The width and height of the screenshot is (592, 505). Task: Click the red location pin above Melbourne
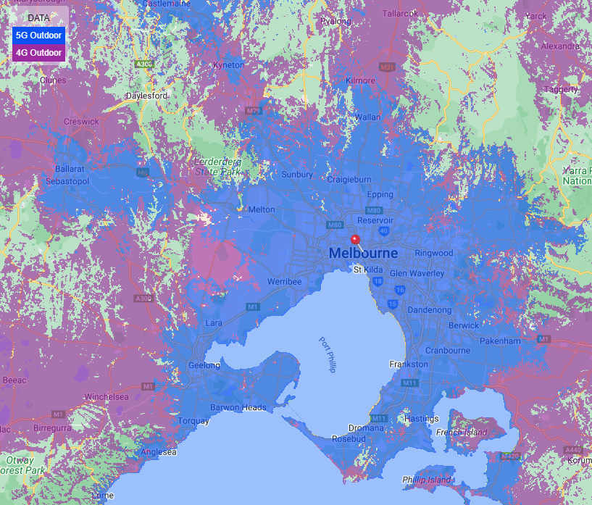click(x=355, y=241)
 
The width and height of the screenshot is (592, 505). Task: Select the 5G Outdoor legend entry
click(x=39, y=35)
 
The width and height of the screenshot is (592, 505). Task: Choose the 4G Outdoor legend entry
click(x=39, y=52)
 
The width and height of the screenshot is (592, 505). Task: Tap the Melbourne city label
click(x=363, y=254)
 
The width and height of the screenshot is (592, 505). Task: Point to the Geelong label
click(x=204, y=366)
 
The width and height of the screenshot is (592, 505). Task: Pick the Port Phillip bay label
click(x=327, y=355)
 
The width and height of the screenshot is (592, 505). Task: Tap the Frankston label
click(x=409, y=364)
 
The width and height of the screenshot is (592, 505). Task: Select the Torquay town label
click(x=193, y=421)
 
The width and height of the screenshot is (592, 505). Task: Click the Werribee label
click(x=284, y=281)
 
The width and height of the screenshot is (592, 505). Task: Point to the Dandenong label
click(x=430, y=310)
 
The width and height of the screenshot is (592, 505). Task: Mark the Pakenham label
click(x=500, y=341)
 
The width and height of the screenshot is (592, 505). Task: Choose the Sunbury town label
click(x=297, y=175)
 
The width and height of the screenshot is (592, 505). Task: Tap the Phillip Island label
click(x=426, y=480)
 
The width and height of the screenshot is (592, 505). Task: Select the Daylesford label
click(x=147, y=96)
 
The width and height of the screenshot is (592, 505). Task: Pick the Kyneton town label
click(x=228, y=65)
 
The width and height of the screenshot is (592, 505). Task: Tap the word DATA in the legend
click(x=39, y=18)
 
